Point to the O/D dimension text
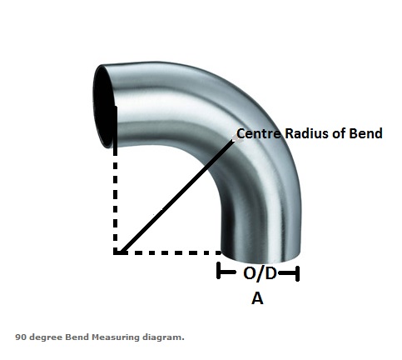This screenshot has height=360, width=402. (x=260, y=273)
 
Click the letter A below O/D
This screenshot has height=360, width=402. (x=257, y=299)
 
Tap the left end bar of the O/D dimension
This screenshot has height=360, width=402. (x=218, y=270)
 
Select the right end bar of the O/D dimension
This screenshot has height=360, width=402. (x=298, y=273)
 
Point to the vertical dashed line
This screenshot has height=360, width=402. (x=116, y=181)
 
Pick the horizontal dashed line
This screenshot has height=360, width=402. (x=168, y=252)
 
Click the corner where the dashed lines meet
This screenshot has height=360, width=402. (x=116, y=252)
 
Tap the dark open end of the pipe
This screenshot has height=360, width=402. (x=103, y=107)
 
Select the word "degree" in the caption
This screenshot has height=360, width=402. (x=46, y=337)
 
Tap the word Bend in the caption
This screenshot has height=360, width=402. (x=77, y=337)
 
